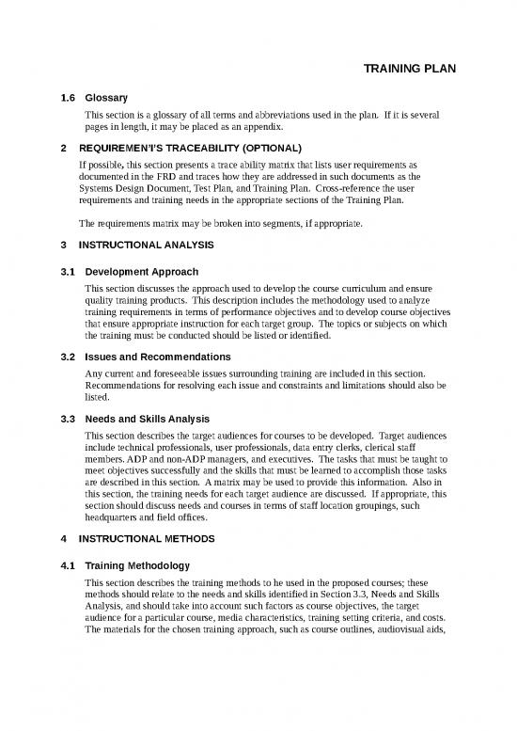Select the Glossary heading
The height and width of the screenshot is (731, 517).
106,97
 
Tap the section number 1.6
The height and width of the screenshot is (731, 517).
68,97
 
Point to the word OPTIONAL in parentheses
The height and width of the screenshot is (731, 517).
268,149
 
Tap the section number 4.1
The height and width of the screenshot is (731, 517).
68,567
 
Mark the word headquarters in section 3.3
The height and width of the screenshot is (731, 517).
115,516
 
